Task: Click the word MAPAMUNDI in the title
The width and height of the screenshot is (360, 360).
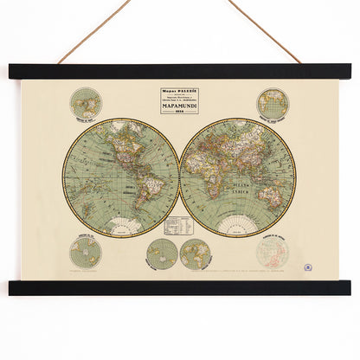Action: tap(179, 110)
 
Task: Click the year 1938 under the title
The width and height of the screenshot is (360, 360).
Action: tap(179, 116)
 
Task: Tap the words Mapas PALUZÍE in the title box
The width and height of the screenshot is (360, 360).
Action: tap(179, 91)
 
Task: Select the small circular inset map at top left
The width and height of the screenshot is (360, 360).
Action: tap(87, 102)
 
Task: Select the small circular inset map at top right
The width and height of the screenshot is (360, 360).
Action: tap(273, 103)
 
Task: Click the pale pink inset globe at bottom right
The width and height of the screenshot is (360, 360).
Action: tap(272, 254)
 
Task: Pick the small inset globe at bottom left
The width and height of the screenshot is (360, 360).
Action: tap(86, 253)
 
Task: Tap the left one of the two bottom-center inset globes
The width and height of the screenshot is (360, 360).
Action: tap(161, 254)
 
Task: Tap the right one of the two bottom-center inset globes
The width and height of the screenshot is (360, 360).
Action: tap(195, 254)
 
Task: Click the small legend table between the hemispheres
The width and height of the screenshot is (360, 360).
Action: tap(178, 225)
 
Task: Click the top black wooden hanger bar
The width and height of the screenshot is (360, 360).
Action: tap(180, 72)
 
